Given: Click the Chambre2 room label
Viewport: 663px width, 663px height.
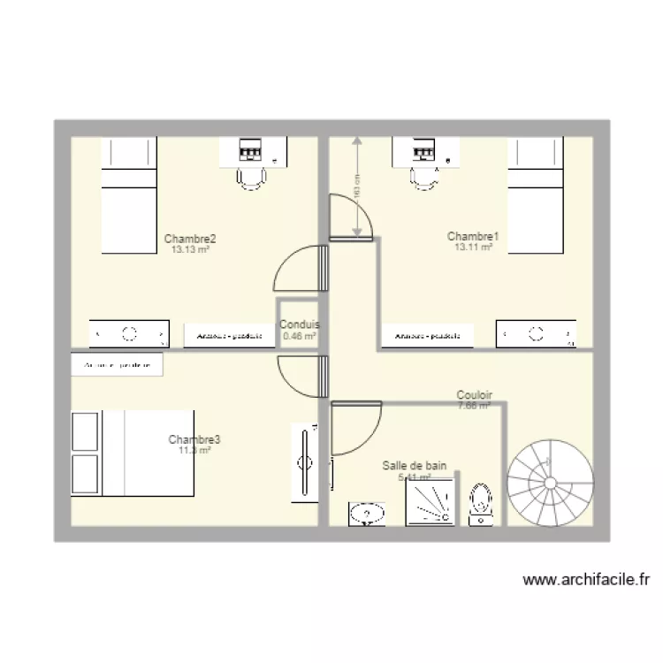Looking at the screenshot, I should (x=190, y=239).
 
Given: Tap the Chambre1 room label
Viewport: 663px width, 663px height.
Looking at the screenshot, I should (x=473, y=236).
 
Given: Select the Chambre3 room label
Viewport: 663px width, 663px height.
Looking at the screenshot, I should (x=194, y=439).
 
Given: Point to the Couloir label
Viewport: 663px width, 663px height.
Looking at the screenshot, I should (x=475, y=395).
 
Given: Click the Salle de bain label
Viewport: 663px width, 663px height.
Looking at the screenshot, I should (x=415, y=465).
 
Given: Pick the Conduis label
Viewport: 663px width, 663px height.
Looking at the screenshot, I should (x=300, y=324).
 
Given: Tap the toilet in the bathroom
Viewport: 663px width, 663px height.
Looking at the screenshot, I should (x=481, y=505).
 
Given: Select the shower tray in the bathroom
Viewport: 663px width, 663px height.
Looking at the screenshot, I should (x=433, y=501).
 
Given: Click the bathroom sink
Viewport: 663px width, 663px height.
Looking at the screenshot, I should (x=366, y=514).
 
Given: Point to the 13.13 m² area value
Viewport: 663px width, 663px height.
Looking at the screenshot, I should (x=190, y=250).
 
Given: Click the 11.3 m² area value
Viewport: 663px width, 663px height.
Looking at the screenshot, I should (x=194, y=451).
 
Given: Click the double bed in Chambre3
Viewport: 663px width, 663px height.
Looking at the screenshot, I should (x=133, y=453).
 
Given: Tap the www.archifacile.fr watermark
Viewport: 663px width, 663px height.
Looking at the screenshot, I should (x=586, y=581).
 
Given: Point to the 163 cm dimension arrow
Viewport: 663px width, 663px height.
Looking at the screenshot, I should (x=357, y=187).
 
